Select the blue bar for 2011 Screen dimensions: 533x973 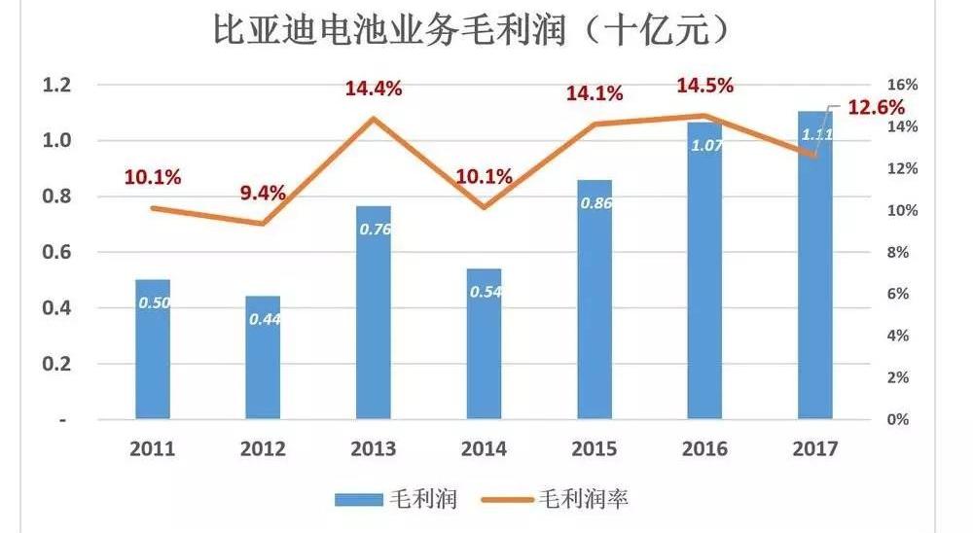pyautogui.click(x=153, y=350)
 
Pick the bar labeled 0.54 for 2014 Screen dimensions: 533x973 pyautogui.click(x=484, y=344)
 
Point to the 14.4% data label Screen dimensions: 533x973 pyautogui.click(x=373, y=89)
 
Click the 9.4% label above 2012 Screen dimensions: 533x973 pyautogui.click(x=263, y=193)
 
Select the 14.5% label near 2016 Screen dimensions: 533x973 pyautogui.click(x=705, y=85)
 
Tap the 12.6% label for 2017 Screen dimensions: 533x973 pyautogui.click(x=876, y=107)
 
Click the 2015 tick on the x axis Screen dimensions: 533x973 pyautogui.click(x=595, y=449)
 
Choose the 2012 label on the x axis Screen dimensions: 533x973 pyautogui.click(x=263, y=449)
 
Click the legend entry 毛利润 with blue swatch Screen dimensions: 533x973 pyautogui.click(x=395, y=499)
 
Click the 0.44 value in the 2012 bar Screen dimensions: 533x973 pyautogui.click(x=263, y=318)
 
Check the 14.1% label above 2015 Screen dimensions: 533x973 pyautogui.click(x=595, y=94)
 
